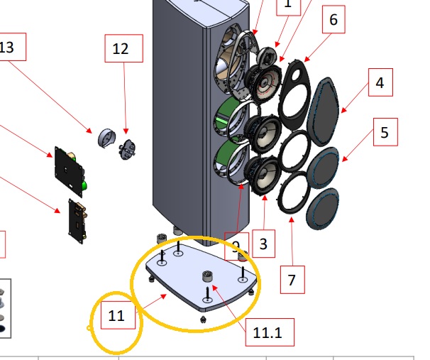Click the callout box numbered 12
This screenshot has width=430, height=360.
tap(121, 49)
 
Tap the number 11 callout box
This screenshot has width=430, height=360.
tap(117, 315)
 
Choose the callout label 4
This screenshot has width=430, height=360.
tap(380, 82)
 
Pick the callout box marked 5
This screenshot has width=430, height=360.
tap(384, 133)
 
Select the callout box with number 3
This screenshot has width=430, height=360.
tap(263, 246)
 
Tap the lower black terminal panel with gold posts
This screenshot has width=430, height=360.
tap(77, 219)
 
